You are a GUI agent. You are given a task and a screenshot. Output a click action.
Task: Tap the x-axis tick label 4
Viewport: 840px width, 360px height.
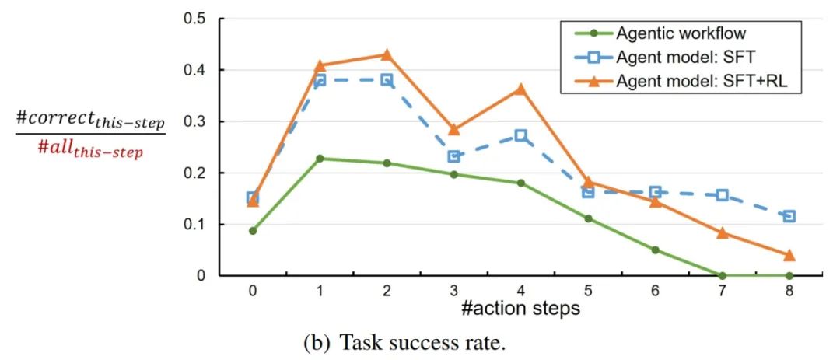tap(521, 290)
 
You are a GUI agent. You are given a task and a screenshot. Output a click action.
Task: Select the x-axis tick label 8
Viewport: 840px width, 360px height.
tap(789, 290)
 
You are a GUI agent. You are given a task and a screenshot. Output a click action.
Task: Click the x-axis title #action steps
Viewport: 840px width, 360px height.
tap(520, 309)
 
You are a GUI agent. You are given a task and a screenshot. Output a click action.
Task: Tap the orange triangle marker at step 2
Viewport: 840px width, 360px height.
tap(387, 55)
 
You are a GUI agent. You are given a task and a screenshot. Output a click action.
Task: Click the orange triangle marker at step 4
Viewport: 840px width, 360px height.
tap(521, 89)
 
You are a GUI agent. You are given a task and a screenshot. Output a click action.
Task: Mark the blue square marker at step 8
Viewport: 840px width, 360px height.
tap(789, 215)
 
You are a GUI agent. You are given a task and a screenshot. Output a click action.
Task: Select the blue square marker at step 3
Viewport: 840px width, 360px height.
tap(454, 156)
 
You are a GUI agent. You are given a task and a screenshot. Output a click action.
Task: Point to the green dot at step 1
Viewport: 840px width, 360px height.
tap(320, 159)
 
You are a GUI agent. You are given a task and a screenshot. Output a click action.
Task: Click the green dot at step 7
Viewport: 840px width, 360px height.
tap(723, 275)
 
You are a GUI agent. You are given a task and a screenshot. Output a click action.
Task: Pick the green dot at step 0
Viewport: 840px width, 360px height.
tap(253, 231)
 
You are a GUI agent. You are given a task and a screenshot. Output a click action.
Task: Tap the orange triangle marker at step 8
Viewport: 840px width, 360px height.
tap(789, 255)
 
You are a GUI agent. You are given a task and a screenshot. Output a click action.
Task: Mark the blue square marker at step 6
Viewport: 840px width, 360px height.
tap(655, 192)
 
